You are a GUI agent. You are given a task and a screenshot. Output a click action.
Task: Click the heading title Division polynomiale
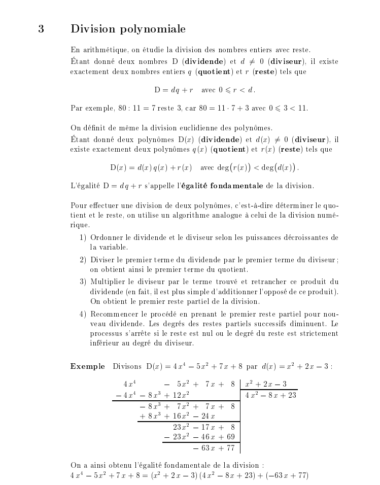128,29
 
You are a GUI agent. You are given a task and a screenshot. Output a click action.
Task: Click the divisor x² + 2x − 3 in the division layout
266,384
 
